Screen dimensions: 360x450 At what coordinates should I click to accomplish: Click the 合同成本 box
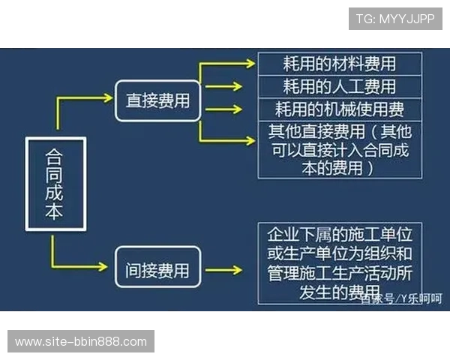tap(53, 184)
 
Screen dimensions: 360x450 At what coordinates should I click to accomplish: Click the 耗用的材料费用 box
tap(339, 64)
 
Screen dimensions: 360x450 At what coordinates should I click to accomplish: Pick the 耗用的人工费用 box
tap(339, 86)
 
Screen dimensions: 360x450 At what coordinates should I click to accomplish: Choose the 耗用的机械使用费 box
tap(339, 109)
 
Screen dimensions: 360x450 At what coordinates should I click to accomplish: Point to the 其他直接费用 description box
tap(339, 149)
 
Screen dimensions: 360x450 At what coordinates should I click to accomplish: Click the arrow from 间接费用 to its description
tap(223, 268)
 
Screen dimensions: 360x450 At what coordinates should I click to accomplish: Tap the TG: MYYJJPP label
tap(394, 18)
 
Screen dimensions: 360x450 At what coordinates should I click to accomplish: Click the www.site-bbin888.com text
tap(81, 342)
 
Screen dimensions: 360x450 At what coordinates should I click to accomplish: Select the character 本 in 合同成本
tap(53, 213)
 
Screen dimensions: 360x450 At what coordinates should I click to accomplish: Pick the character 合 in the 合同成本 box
tap(53, 155)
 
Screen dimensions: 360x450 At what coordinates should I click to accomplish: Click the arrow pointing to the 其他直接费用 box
tap(229, 140)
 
